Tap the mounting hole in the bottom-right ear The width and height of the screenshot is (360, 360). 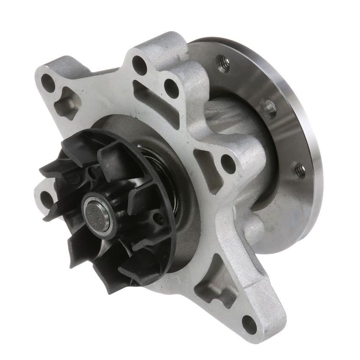coord(250,324)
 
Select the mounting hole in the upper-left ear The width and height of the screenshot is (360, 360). coord(48,83)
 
